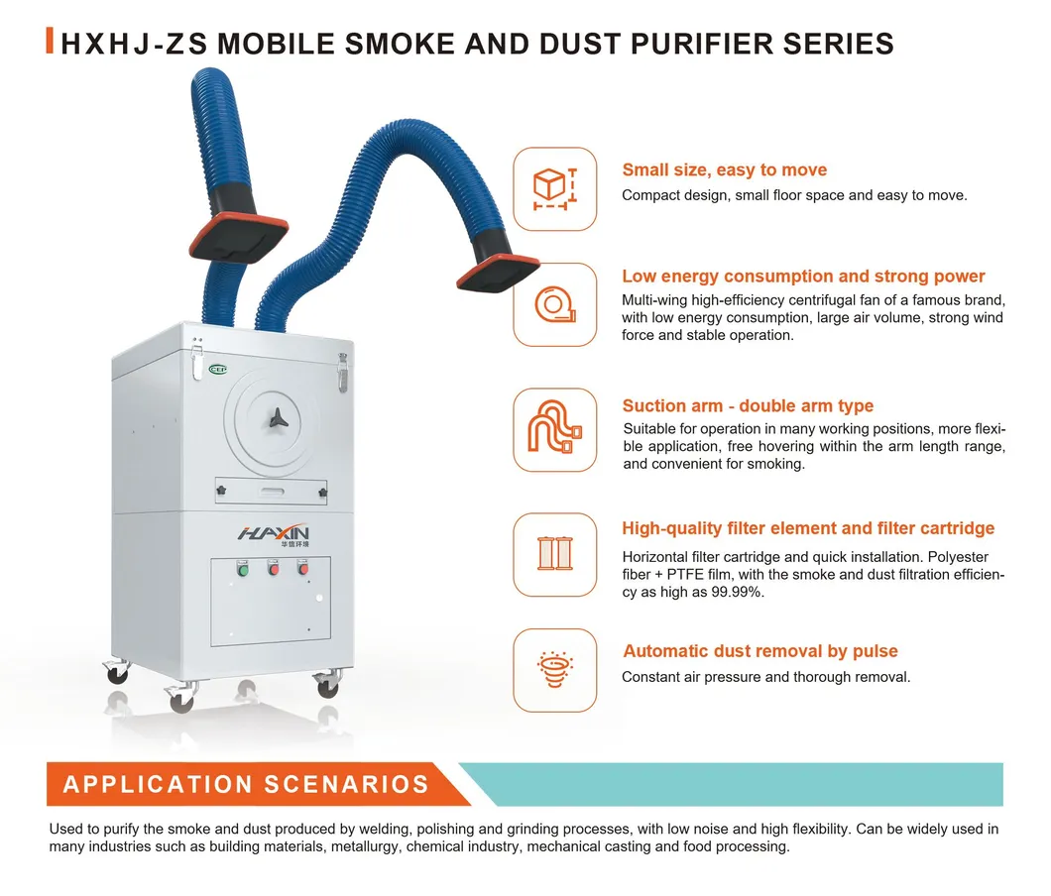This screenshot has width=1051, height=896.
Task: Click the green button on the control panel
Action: coord(243,570)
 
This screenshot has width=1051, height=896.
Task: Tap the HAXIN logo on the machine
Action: coord(274,534)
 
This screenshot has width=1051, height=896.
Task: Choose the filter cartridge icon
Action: coord(555,553)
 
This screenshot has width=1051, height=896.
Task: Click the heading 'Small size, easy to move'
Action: coord(725,170)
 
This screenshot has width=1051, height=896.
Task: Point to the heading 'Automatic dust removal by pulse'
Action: coord(760,651)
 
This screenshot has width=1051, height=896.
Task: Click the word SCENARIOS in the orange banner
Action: coord(347,784)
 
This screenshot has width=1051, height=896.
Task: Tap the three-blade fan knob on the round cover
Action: coord(279,419)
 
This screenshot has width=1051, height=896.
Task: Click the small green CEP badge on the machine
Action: coord(218,370)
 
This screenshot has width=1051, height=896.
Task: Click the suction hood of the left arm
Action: coord(239,237)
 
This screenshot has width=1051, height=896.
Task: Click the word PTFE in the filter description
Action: coord(685,575)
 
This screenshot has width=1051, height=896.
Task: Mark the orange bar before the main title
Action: coord(50,41)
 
